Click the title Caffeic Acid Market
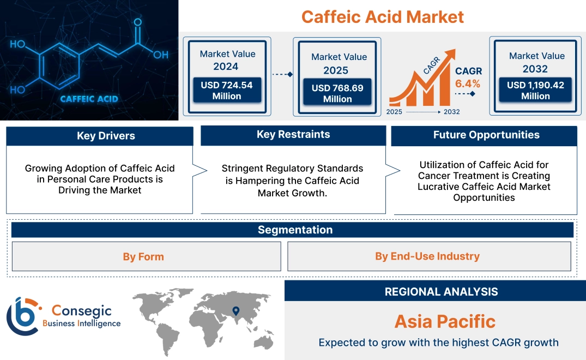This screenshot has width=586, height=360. point(382,16)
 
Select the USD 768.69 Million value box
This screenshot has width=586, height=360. point(337,93)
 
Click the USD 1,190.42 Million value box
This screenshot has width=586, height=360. point(535,91)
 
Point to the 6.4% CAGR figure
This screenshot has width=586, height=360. point(468,83)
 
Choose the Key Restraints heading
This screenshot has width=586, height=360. point(293,135)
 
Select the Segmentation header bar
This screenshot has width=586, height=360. point(295,230)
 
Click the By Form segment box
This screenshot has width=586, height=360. point(143,256)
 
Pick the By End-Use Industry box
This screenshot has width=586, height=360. point(427,256)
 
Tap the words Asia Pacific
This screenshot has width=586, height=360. point(445,321)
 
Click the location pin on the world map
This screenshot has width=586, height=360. point(235,311)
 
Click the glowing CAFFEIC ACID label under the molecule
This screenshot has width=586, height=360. point(89,99)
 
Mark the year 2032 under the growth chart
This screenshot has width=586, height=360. point(452,112)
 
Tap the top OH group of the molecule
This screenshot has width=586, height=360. point(17,44)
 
